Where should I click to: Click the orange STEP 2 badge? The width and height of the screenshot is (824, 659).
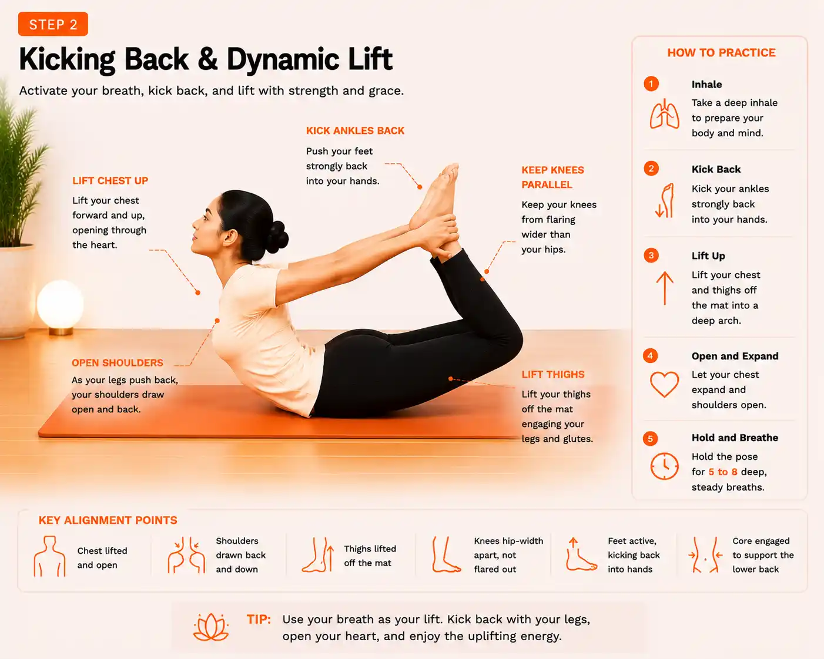point(53,24)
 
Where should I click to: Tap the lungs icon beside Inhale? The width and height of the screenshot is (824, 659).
point(664,114)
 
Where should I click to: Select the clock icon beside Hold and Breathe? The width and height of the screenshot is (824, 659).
point(664,466)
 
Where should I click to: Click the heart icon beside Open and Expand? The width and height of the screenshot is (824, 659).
point(664,384)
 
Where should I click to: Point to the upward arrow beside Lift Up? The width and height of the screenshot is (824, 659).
point(665,288)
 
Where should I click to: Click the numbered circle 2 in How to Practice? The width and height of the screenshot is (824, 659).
point(651,169)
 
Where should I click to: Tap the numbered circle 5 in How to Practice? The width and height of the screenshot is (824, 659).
point(650,439)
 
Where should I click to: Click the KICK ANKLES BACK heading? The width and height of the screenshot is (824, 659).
point(355,130)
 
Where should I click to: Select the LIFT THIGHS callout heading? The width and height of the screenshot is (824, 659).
point(553,374)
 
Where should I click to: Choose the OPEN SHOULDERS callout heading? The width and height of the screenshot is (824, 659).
point(117,362)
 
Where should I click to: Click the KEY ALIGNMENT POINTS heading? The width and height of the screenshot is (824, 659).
point(108,520)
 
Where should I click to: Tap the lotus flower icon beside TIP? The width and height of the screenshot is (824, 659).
point(211,627)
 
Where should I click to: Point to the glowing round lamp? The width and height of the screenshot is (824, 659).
point(60,304)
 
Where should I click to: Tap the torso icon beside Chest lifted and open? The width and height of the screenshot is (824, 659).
point(49,556)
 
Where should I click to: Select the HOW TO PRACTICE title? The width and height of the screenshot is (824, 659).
point(721,52)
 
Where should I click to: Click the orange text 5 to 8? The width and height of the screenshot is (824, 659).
point(722,472)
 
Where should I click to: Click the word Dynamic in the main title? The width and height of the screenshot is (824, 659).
point(283,60)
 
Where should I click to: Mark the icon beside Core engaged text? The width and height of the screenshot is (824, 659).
point(705,554)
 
